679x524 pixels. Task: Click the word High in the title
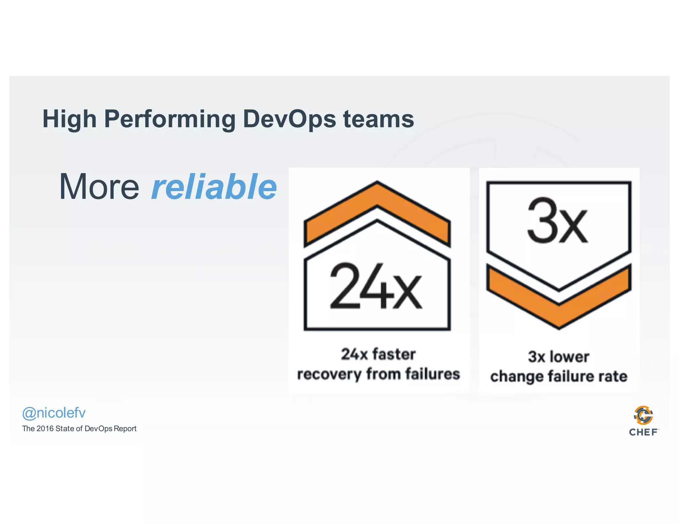[69, 119]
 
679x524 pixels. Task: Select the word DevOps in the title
[289, 119]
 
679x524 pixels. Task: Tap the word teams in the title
[378, 119]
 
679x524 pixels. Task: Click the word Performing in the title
[170, 119]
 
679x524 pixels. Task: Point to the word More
[99, 187]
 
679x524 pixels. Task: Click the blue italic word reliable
[214, 187]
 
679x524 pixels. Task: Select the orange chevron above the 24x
[377, 212]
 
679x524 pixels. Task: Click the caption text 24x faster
[378, 354]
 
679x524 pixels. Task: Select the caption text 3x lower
[559, 357]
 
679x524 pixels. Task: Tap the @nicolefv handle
[54, 413]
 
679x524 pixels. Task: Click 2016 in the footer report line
[45, 429]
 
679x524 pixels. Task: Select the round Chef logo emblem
[643, 415]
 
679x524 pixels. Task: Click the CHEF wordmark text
[643, 432]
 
